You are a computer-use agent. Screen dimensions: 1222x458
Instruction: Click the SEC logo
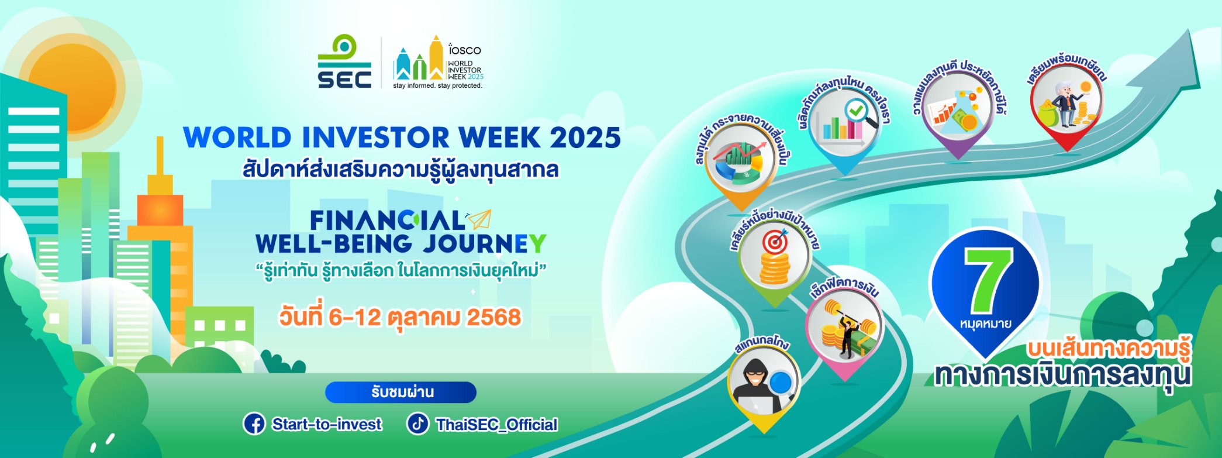coord(344,61)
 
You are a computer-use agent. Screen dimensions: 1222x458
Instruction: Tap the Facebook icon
coord(254,424)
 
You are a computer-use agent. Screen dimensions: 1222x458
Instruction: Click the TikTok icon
coord(417,424)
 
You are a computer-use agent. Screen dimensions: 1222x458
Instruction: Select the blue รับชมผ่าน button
coord(401,392)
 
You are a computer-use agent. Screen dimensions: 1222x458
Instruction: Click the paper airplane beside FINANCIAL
coord(479,219)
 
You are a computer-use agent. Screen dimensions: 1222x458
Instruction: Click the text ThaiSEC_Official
coord(497,425)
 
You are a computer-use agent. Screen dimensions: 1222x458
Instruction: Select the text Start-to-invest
coord(327,424)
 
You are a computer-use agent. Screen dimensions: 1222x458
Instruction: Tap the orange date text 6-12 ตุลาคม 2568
coord(424,318)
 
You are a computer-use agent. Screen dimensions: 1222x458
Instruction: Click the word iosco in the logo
coord(465,50)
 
